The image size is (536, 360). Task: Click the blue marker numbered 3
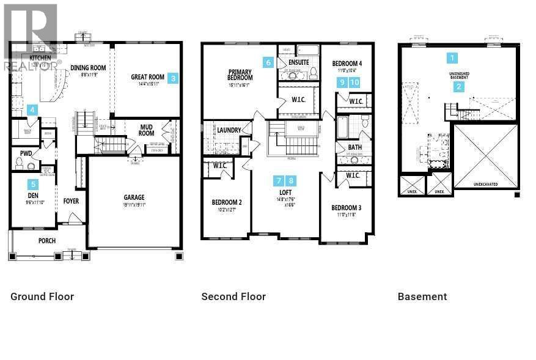click(x=174, y=78)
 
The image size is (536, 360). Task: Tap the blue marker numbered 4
click(x=32, y=110)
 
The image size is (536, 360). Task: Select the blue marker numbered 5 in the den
click(x=33, y=184)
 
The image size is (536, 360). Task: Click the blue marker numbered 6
click(x=268, y=62)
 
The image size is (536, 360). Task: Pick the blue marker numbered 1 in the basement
click(x=452, y=58)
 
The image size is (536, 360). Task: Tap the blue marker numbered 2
click(x=459, y=87)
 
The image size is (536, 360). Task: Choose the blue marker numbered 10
click(x=354, y=82)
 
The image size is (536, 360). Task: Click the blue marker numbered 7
click(x=279, y=180)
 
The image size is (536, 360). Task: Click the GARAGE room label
click(x=134, y=197)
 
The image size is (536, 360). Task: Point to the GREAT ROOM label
click(x=147, y=78)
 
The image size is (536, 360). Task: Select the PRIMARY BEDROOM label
click(x=240, y=74)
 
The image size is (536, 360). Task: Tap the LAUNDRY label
click(x=229, y=130)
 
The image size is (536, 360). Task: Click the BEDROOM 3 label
click(x=347, y=208)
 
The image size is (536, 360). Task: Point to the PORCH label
click(x=47, y=241)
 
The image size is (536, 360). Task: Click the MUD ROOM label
click(x=146, y=130)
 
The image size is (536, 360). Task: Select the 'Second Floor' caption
click(x=233, y=296)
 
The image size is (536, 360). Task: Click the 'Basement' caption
click(x=422, y=296)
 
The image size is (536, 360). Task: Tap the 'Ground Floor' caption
click(x=42, y=296)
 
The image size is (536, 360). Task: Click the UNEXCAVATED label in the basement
click(x=485, y=183)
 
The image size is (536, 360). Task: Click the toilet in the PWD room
click(x=19, y=163)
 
